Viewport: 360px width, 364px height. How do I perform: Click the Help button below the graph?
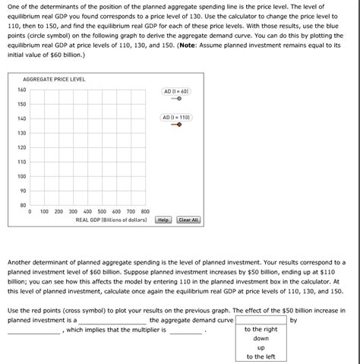163,220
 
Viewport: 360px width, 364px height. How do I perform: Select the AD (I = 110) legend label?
176,118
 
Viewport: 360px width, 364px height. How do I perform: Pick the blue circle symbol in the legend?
178,99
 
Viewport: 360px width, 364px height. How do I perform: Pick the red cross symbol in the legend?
178,125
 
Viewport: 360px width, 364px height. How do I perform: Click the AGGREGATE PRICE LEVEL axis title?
54,79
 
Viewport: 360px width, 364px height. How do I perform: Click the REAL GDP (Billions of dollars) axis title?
111,220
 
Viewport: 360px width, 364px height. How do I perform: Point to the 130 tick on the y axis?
21,133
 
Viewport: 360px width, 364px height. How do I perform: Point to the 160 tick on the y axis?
21,90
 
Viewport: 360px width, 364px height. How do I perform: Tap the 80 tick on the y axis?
23,204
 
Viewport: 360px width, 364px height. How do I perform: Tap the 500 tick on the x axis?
102,212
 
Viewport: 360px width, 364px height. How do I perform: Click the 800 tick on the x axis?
145,212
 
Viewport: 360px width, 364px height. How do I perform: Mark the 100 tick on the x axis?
44,212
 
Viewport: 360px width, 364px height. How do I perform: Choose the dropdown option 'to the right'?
261,330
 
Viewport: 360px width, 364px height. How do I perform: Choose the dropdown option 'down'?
261,339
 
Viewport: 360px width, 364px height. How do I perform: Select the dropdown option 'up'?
261,347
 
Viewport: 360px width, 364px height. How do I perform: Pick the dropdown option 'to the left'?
261,356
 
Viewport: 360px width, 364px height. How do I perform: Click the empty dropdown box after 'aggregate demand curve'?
261,321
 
